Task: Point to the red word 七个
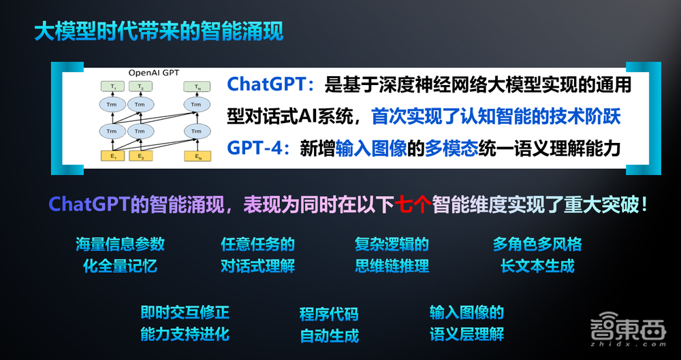[x=411, y=205]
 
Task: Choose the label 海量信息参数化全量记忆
[x=120, y=255]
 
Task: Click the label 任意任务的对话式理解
[x=257, y=255]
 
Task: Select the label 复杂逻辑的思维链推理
[x=392, y=255]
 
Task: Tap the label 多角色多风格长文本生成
[x=537, y=255]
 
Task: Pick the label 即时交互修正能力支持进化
[x=185, y=323]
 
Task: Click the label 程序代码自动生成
[x=329, y=325]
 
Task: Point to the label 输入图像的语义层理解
[x=466, y=323]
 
